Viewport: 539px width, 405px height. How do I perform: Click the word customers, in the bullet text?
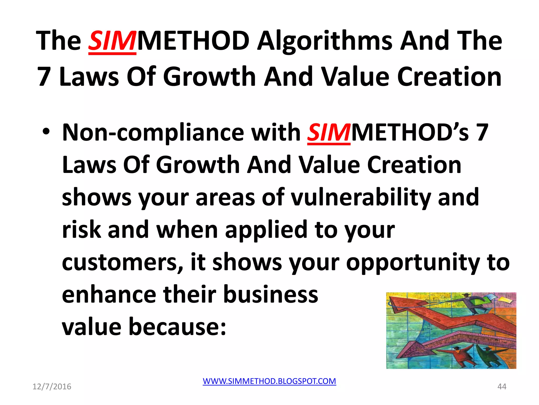tap(122, 262)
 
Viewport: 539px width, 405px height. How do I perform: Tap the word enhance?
tap(109, 295)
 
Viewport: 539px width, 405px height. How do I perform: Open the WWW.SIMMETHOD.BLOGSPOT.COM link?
tap(269, 381)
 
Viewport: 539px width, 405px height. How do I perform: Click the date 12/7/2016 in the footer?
tap(52, 387)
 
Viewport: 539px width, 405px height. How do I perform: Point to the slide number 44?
tap(502, 387)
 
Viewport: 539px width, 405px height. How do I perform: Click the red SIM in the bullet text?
tap(328, 133)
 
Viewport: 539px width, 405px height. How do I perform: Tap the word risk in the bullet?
tap(81, 230)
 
